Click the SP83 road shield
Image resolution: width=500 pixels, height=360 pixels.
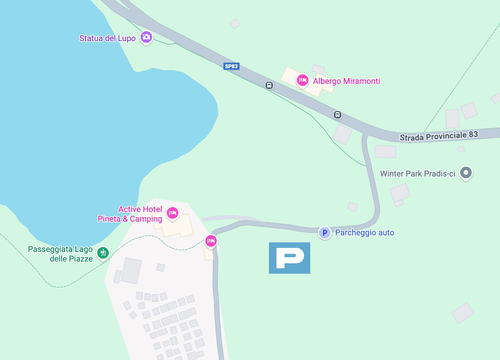click(x=231, y=66)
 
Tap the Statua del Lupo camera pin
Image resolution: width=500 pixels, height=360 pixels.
click(x=146, y=37)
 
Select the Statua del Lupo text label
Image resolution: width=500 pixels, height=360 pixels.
click(x=107, y=38)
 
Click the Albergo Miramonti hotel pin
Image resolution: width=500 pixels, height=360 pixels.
click(x=302, y=80)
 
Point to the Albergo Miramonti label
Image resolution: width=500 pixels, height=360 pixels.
click(x=346, y=81)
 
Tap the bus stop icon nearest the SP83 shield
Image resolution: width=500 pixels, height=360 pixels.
click(x=269, y=85)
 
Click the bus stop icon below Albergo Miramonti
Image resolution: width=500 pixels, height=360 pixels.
click(x=337, y=115)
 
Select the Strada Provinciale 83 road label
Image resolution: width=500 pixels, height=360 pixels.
click(x=439, y=136)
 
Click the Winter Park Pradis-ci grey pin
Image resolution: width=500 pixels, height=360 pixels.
click(x=466, y=173)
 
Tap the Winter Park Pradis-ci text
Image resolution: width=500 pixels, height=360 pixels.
click(x=417, y=174)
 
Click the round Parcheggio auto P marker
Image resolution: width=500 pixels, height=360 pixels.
click(x=325, y=233)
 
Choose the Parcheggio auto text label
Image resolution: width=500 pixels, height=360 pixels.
click(x=365, y=233)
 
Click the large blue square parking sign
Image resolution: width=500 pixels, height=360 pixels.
click(x=289, y=258)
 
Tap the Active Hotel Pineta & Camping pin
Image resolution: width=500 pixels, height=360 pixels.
click(x=173, y=213)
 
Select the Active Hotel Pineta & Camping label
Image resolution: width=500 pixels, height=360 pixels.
click(x=130, y=214)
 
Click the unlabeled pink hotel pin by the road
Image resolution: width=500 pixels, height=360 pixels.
click(x=211, y=241)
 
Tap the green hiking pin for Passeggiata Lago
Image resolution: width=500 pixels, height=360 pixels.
click(x=103, y=253)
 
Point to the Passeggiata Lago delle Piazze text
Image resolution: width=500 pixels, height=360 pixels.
click(x=61, y=254)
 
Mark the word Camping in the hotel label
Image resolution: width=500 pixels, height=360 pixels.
click(x=146, y=219)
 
